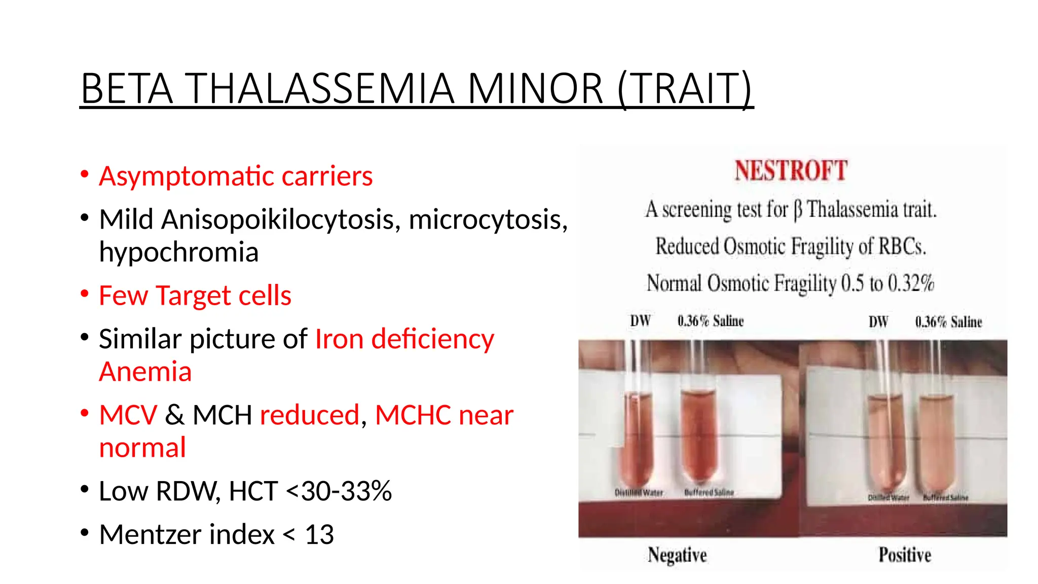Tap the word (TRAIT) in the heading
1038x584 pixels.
click(685, 89)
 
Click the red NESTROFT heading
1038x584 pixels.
click(791, 170)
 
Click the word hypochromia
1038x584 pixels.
click(178, 252)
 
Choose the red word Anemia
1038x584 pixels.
click(145, 372)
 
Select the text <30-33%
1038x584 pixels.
click(339, 491)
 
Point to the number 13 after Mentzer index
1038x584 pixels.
click(319, 534)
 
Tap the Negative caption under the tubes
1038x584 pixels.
click(677, 555)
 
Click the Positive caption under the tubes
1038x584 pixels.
click(905, 555)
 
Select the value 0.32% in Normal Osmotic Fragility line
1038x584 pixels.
click(911, 283)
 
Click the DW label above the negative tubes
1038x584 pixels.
click(640, 321)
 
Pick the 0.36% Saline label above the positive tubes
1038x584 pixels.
click(948, 322)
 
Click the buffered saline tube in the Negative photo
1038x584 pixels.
click(698, 436)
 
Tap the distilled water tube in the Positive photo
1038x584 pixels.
click(887, 441)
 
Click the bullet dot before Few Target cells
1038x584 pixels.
click(85, 294)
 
